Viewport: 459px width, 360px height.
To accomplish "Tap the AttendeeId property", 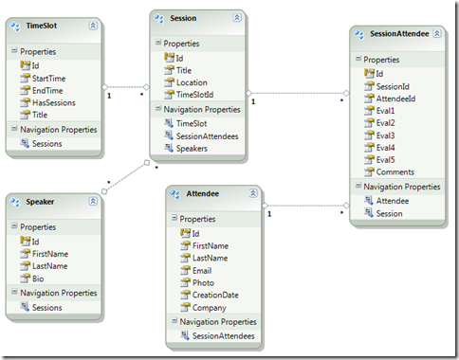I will click(x=396, y=99).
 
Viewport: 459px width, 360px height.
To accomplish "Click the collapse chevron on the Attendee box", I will click(x=250, y=192).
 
